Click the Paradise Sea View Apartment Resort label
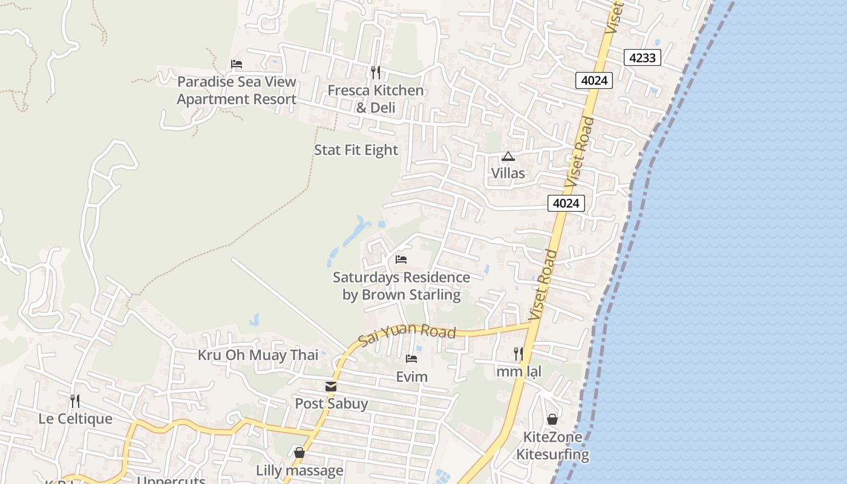(237, 91)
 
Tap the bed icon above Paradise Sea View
(237, 64)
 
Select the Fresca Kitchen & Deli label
(376, 99)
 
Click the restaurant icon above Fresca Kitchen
(376, 73)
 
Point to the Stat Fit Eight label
(356, 150)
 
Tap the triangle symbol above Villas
(508, 157)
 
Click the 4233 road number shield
(642, 58)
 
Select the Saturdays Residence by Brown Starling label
(401, 286)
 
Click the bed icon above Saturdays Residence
(401, 260)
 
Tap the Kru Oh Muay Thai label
(258, 355)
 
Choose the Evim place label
(411, 377)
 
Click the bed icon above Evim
(411, 359)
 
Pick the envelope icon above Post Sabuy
(331, 387)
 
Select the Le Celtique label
(75, 419)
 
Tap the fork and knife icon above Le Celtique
(75, 401)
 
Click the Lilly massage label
(299, 470)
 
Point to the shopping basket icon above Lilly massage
(299, 453)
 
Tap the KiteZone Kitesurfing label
(552, 446)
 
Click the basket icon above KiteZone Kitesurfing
(552, 419)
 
